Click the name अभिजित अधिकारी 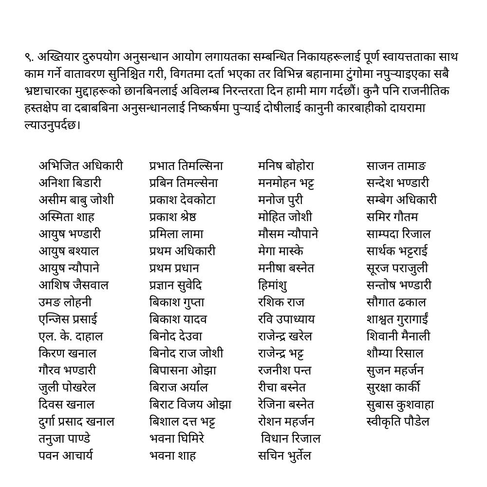tap(81, 166)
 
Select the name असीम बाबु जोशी tap(76, 200)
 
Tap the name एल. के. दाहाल tap(71, 337)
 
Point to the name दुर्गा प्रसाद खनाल tap(76, 422)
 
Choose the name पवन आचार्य tap(66, 456)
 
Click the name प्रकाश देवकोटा tap(183, 200)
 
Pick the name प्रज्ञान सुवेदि tap(176, 285)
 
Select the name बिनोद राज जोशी tap(187, 354)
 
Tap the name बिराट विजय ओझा tap(190, 405)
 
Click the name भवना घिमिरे tap(177, 439)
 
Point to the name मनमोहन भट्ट tap(286, 183)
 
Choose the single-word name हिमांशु tap(273, 285)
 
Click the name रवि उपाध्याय tap(286, 319)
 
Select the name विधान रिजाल tap(291, 439)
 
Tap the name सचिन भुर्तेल tap(284, 456)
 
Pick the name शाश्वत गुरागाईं tap(397, 319)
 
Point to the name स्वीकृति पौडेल tap(398, 422)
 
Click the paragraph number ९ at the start tap(28, 57)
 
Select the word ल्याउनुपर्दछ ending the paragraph tap(52, 125)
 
